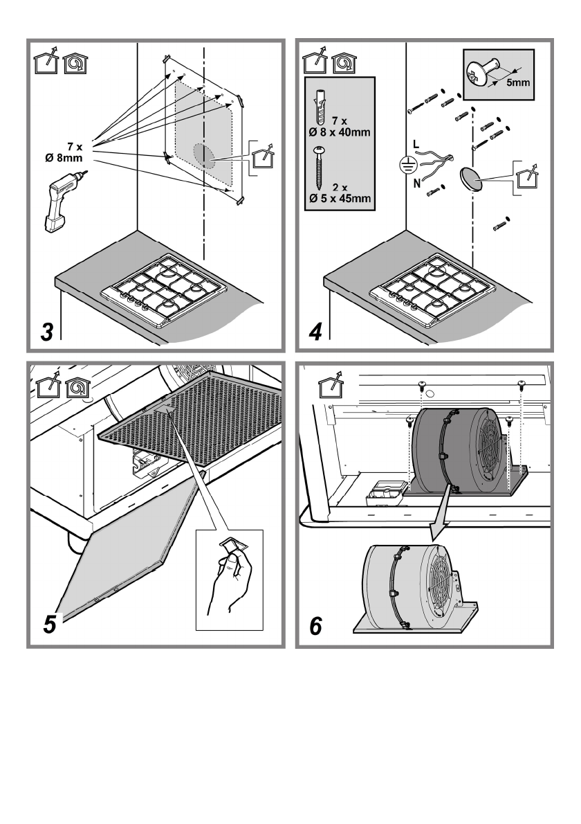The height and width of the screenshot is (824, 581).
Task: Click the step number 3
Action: (x=46, y=331)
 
